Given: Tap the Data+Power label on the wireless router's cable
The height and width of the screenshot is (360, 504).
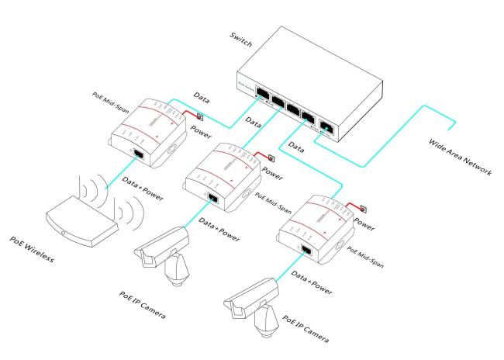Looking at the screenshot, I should pyautogui.click(x=143, y=182).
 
